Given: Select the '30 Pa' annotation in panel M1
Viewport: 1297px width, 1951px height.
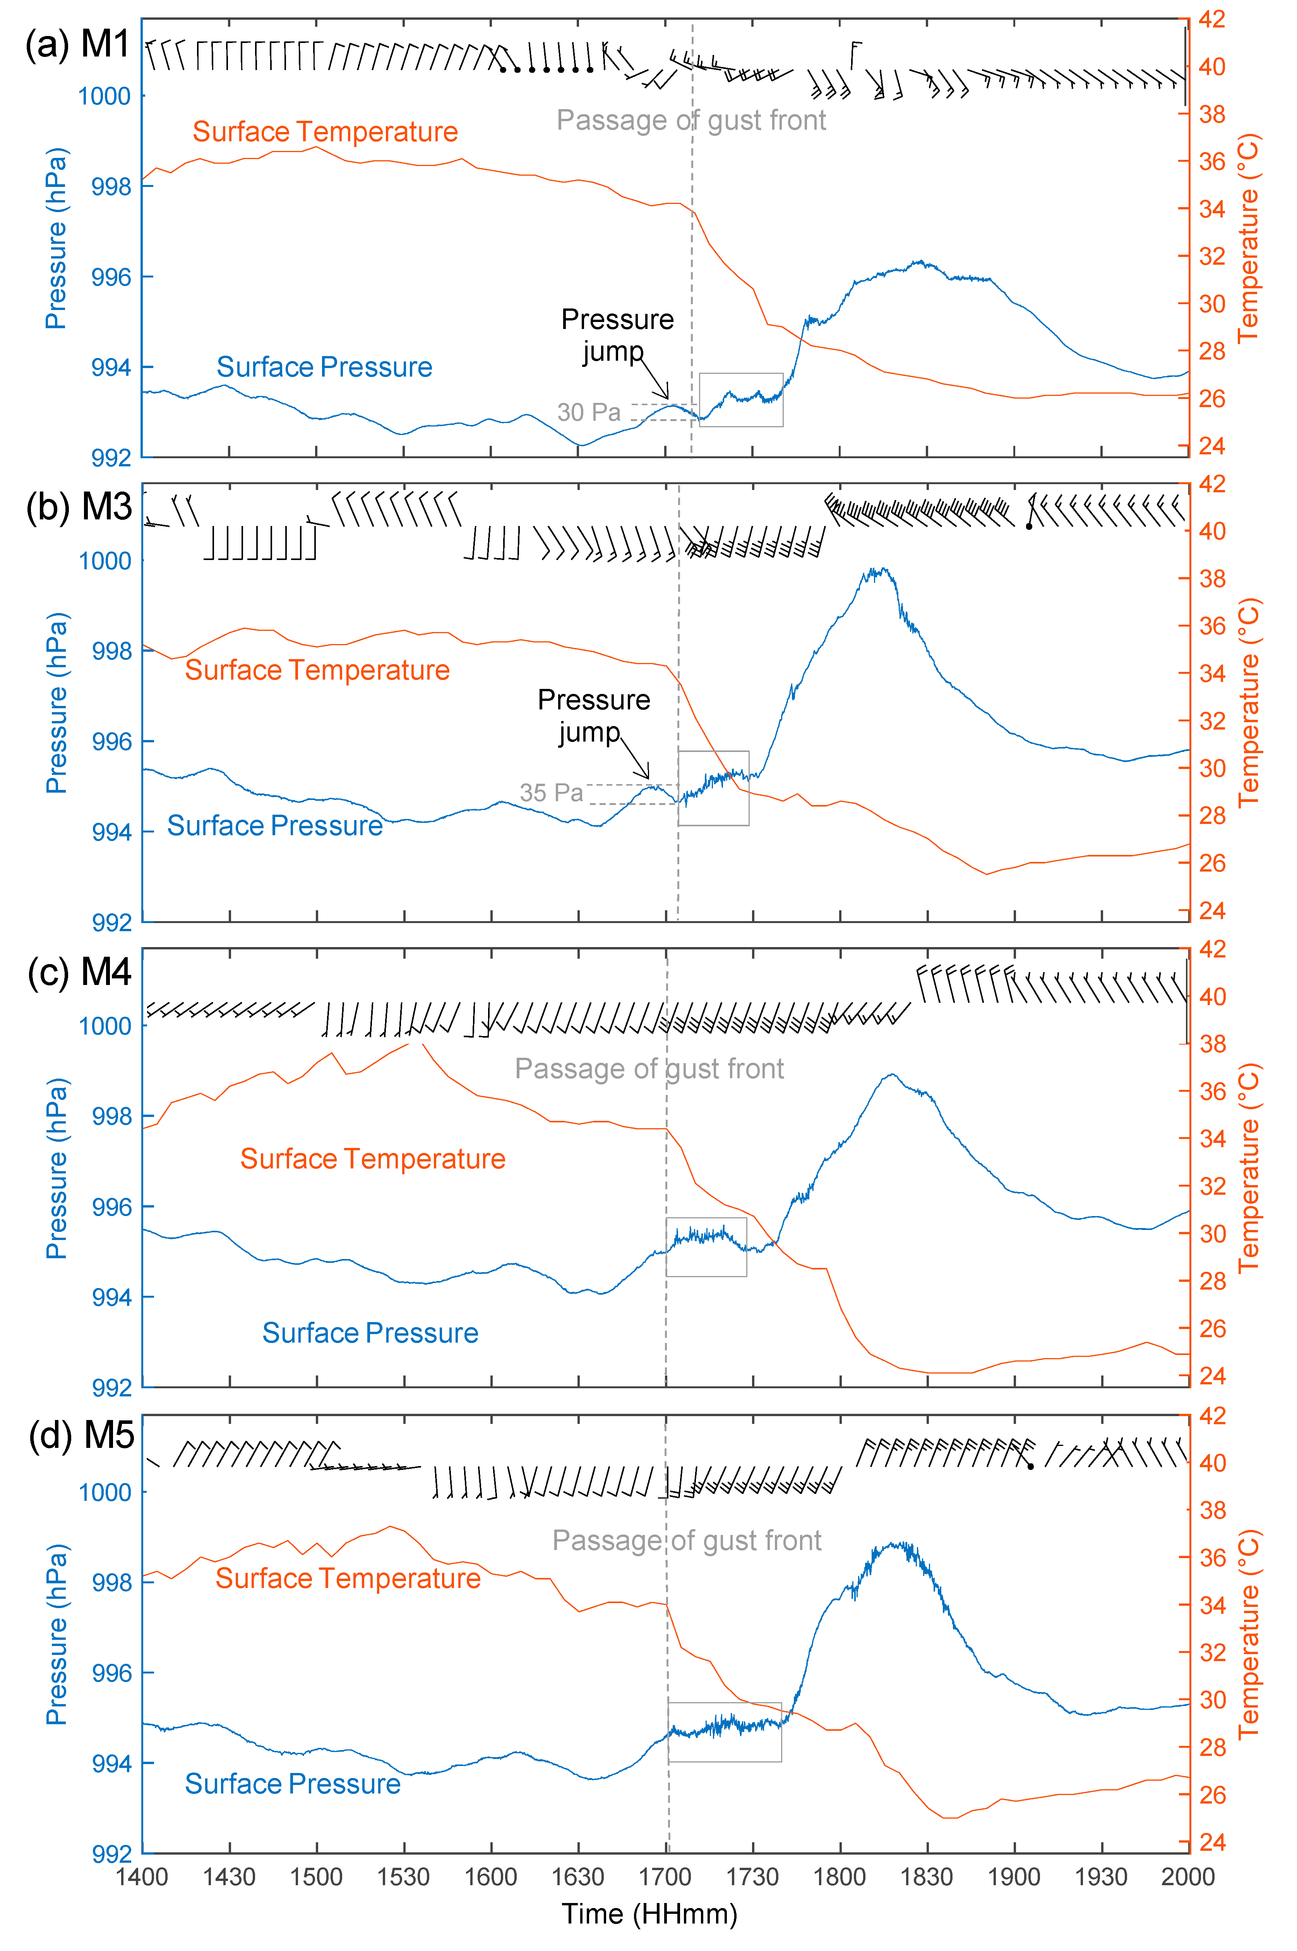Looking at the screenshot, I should pos(588,412).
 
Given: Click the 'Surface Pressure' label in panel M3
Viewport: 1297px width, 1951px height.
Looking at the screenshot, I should pos(275,826).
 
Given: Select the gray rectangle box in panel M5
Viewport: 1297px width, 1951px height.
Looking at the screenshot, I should pos(725,1732).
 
